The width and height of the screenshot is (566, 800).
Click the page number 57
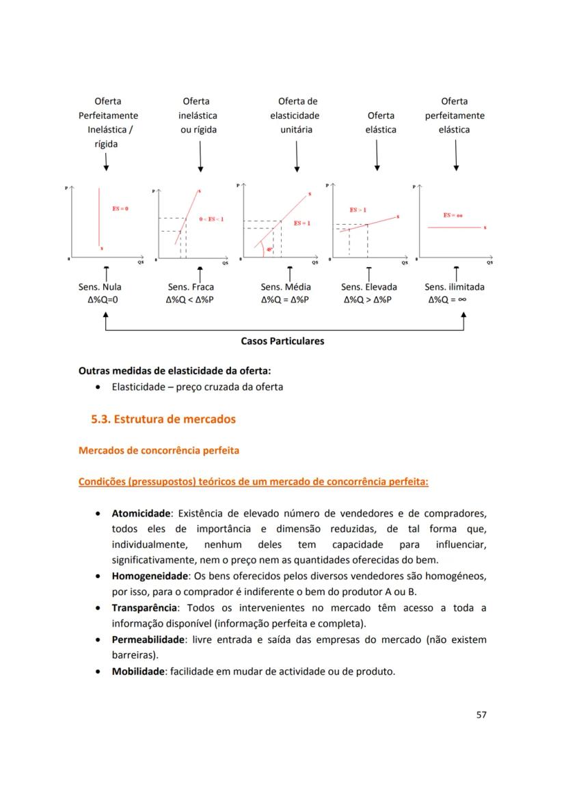pyautogui.click(x=481, y=715)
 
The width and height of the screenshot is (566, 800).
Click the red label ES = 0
pyautogui.click(x=120, y=208)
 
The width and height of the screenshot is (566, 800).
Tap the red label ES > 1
pyautogui.click(x=358, y=210)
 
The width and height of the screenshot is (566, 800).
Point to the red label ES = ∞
pyautogui.click(x=453, y=215)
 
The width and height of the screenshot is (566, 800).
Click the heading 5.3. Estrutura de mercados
pyautogui.click(x=163, y=419)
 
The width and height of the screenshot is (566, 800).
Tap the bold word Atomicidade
pyautogui.click(x=141, y=513)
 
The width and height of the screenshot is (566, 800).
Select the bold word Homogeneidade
pyautogui.click(x=150, y=576)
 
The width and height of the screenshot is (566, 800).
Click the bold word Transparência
pyautogui.click(x=145, y=607)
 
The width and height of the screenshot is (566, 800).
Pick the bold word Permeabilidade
pyautogui.click(x=148, y=639)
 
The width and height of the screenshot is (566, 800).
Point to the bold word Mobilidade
pyautogui.click(x=138, y=671)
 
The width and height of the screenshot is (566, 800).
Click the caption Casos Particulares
pyautogui.click(x=282, y=341)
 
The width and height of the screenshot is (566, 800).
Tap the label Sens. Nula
pyautogui.click(x=100, y=287)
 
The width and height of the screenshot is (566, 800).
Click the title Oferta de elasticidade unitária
pyautogui.click(x=296, y=115)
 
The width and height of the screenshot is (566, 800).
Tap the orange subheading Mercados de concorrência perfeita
pyautogui.click(x=159, y=450)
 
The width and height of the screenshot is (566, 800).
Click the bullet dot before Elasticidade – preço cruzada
pyautogui.click(x=100, y=387)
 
